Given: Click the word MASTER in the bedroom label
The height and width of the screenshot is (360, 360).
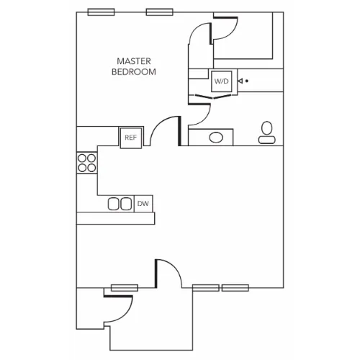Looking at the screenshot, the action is coord(134,61).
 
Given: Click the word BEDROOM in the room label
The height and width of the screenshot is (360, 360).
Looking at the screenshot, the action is coord(134,72).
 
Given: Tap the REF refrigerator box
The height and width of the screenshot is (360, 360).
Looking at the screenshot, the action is coord(131,138).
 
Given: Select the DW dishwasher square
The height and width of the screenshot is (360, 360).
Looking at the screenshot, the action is coord(143,204).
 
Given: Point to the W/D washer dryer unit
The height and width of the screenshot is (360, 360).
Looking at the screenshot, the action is coord(222,81).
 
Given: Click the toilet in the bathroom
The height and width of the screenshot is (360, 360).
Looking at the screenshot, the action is coord(267,132).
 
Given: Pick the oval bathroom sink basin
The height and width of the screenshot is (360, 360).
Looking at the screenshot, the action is coord(216,138).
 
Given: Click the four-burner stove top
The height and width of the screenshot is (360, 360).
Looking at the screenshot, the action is coord(86,163).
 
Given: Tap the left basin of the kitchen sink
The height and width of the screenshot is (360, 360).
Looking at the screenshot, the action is coord(114,204).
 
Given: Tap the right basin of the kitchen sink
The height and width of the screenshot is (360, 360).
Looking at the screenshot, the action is coord(126,204).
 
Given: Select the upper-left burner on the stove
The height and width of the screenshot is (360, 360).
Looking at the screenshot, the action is coord(82,158).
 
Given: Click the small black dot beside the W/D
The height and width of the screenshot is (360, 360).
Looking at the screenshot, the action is coord(247,81).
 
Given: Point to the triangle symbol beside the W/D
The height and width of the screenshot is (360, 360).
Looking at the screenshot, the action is coord(240,81).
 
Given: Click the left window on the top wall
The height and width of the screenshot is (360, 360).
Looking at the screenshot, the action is coord(101,12).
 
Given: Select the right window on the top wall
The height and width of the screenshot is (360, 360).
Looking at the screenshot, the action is coord(160,12).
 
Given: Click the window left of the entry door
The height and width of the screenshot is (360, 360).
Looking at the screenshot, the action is coord(125,288).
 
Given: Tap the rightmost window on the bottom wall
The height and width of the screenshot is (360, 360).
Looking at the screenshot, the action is coord(235,288).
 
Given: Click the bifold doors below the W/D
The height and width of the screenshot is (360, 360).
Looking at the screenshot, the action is coord(213,96).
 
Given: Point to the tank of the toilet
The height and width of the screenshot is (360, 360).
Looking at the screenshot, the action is coord(267,140).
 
